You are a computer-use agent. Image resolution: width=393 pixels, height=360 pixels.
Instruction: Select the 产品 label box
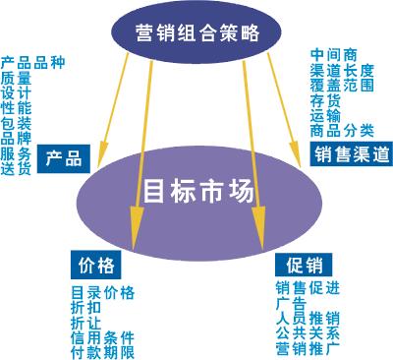click(x=66, y=156)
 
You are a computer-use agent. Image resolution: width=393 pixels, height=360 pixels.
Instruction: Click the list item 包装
click(x=16, y=124)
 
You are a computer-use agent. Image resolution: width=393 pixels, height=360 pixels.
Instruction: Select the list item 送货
click(x=16, y=168)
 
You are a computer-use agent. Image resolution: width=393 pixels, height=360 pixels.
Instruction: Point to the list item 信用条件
click(x=102, y=337)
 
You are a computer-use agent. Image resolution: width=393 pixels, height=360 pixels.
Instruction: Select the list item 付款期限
click(x=102, y=352)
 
